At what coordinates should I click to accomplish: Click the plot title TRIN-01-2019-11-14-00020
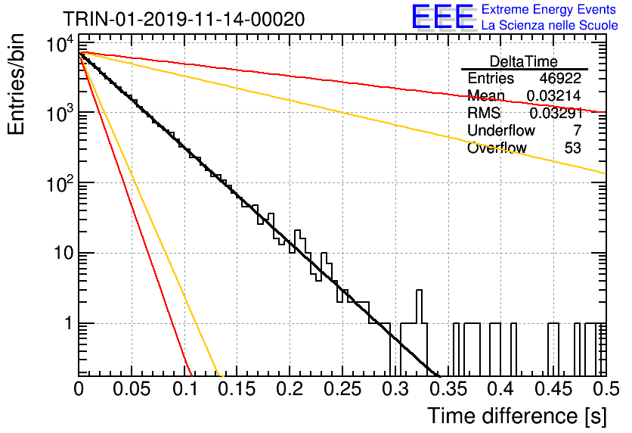click(x=184, y=19)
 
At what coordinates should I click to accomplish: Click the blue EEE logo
click(x=443, y=17)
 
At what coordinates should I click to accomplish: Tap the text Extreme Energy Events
click(x=549, y=9)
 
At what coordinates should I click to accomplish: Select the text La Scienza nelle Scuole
click(x=550, y=25)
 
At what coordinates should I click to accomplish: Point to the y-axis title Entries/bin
click(x=16, y=84)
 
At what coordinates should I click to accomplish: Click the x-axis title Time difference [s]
click(x=517, y=416)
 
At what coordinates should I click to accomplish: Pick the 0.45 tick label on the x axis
click(x=554, y=389)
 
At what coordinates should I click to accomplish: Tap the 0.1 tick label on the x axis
click(x=184, y=389)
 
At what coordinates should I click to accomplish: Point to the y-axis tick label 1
click(x=70, y=324)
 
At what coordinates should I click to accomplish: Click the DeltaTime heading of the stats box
click(x=524, y=61)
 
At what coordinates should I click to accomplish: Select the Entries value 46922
click(x=560, y=78)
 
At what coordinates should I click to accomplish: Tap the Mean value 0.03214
click(x=554, y=95)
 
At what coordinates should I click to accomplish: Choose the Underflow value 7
click(x=577, y=130)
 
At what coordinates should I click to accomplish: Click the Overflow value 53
click(x=573, y=148)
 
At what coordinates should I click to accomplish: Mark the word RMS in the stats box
click(x=484, y=113)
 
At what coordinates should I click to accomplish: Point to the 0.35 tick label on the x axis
click(x=448, y=389)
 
